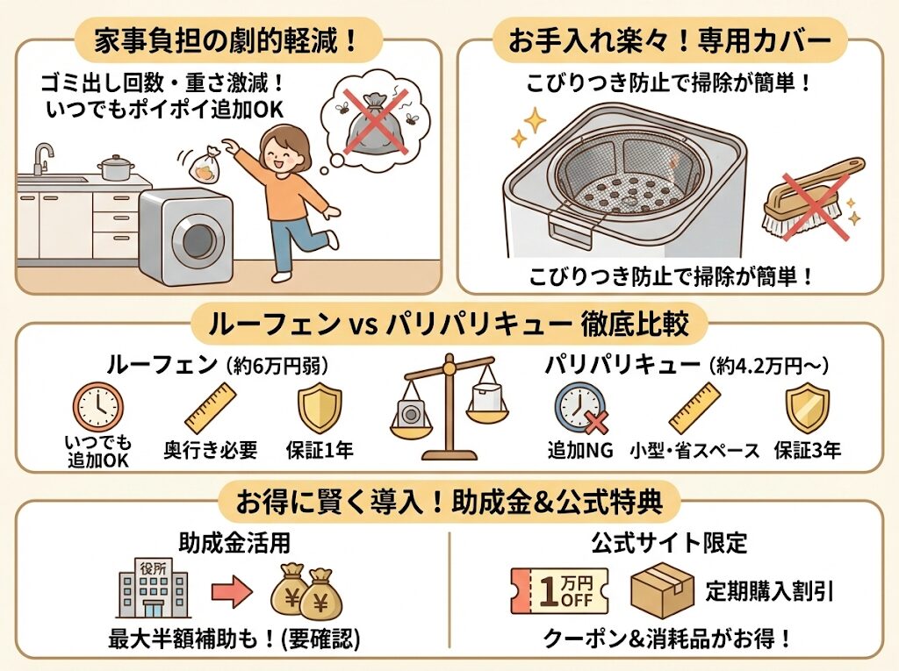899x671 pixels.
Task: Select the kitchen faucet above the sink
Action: (x=41, y=158)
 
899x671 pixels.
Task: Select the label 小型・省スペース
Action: (x=694, y=451)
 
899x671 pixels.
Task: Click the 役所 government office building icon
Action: (x=153, y=589)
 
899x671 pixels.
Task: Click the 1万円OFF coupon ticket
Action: (x=560, y=591)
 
